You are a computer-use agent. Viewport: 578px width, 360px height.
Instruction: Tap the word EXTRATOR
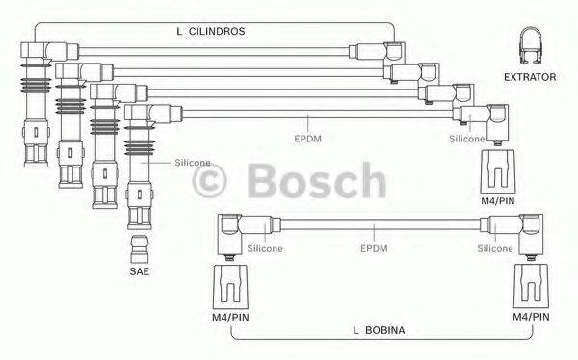530,76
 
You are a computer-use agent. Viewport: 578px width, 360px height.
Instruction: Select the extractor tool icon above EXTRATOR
529,44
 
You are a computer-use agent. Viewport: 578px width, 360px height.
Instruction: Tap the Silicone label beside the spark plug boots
192,163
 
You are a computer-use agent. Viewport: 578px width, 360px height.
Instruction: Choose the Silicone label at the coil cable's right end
496,248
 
